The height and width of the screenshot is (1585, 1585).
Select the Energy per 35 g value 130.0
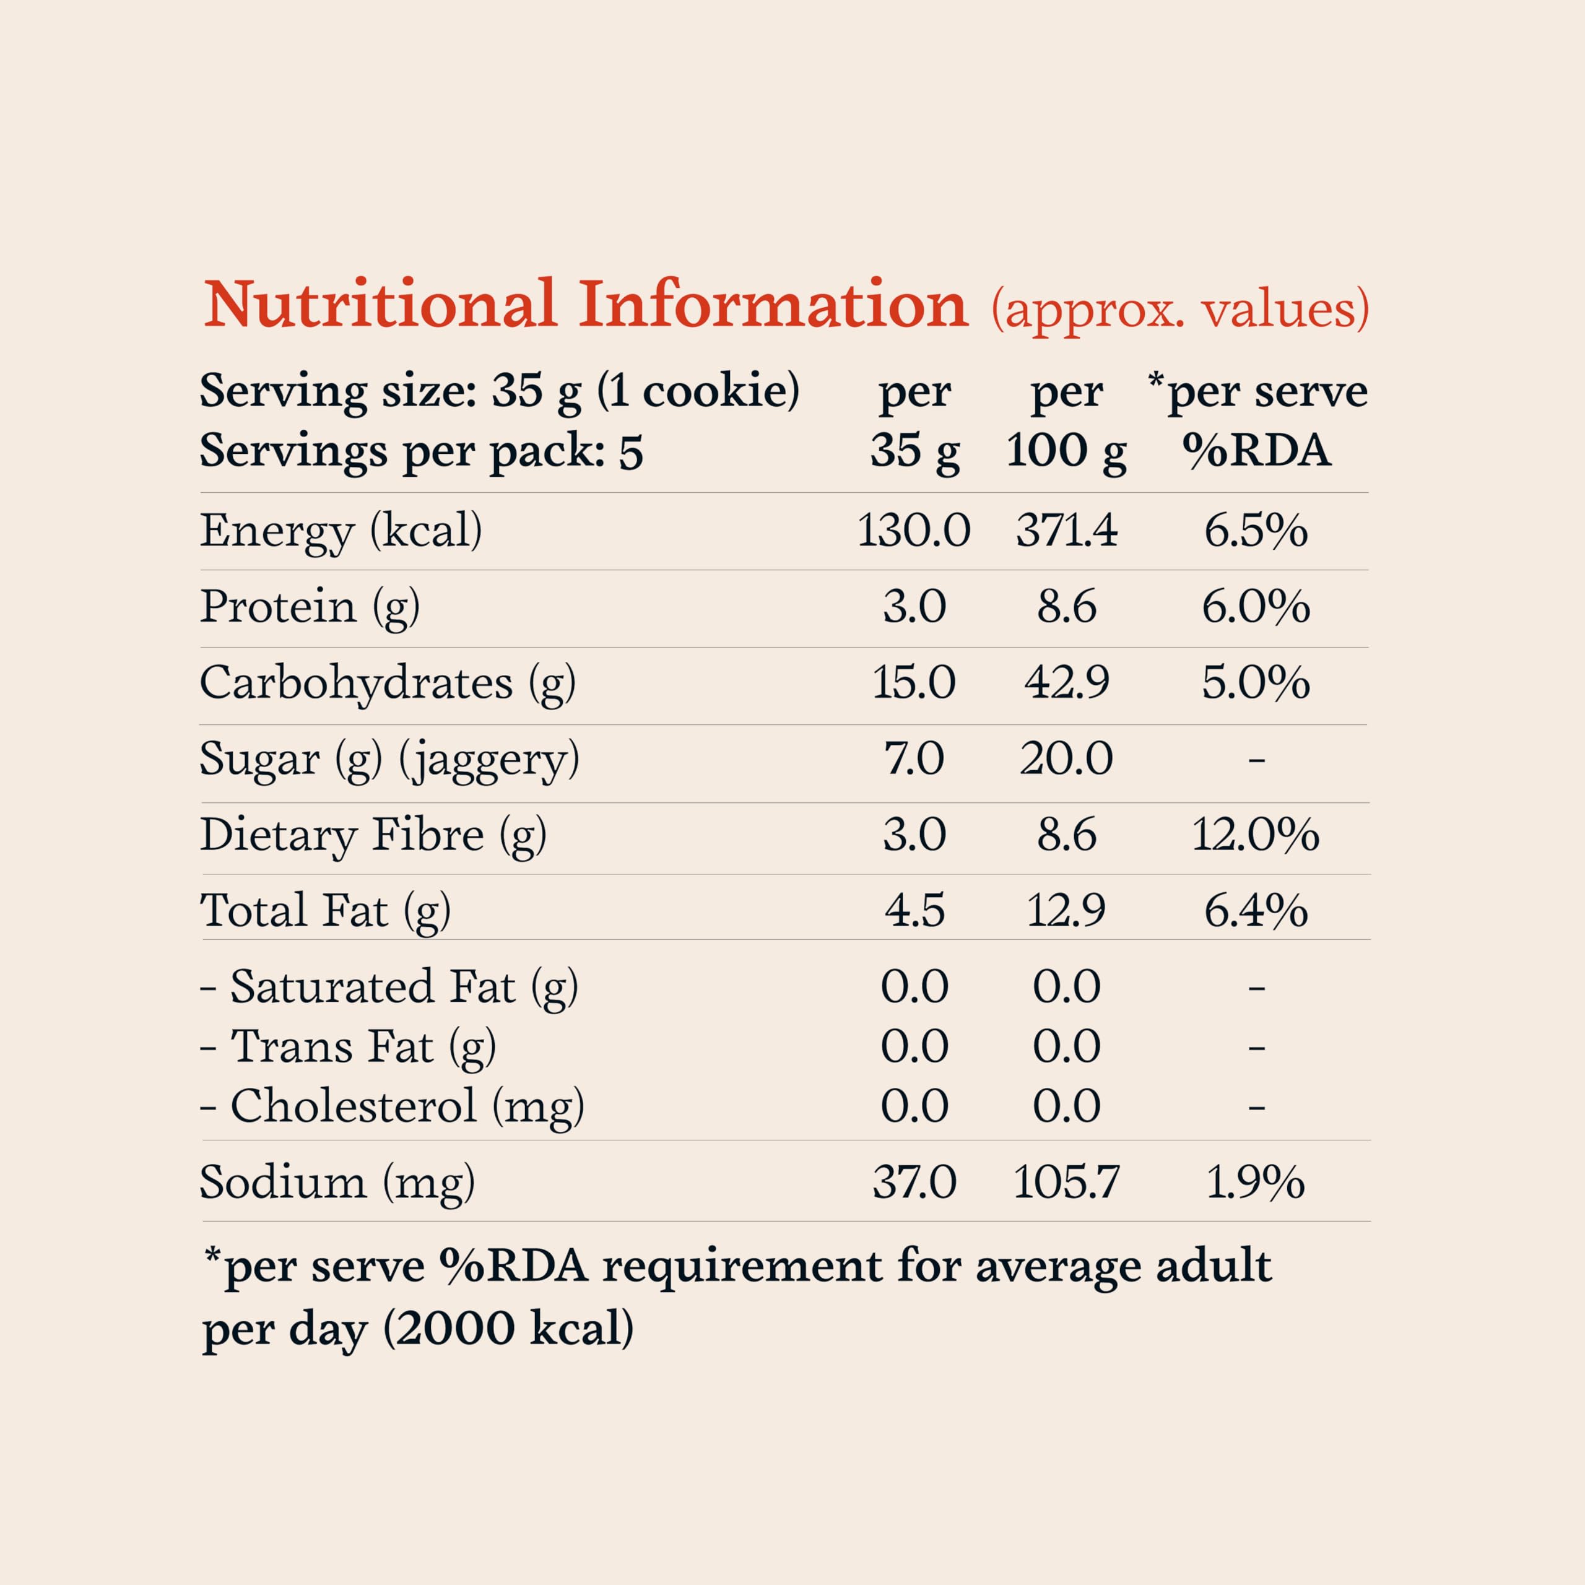(x=913, y=530)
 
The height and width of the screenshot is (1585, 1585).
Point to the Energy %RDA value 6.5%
(x=1255, y=530)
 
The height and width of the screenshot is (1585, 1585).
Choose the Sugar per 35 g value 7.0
(x=913, y=758)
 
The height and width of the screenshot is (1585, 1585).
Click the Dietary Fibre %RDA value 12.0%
(x=1255, y=835)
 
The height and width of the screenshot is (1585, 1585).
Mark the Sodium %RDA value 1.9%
(x=1255, y=1182)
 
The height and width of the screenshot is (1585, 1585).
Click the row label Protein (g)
(x=310, y=607)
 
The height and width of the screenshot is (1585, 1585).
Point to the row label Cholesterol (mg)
(x=406, y=1106)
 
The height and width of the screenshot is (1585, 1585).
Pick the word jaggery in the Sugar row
(x=490, y=760)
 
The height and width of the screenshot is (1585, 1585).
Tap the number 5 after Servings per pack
(x=630, y=452)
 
